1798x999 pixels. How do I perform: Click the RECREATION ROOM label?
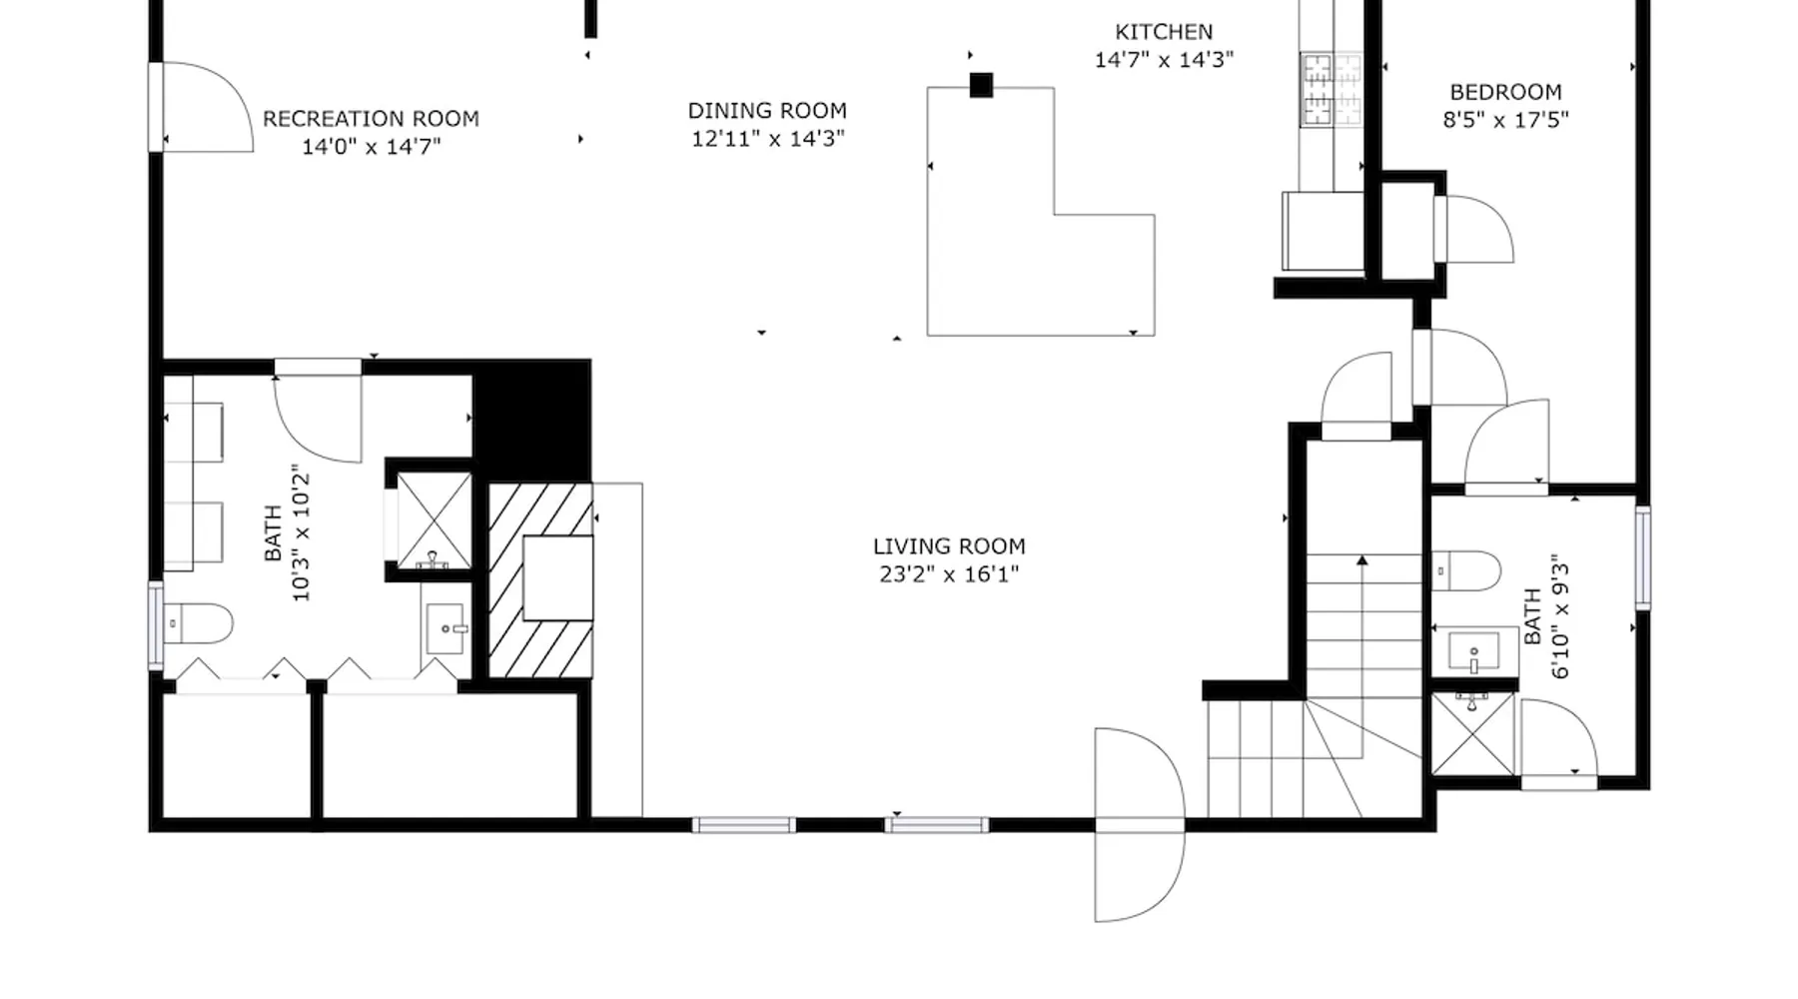click(x=371, y=119)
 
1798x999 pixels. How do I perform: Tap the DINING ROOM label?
click(x=767, y=111)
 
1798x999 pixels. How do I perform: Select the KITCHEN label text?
click(x=1164, y=32)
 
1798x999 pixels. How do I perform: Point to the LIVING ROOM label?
click(x=949, y=546)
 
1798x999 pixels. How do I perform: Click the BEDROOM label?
click(x=1505, y=92)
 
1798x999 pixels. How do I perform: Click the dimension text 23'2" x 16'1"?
click(x=949, y=574)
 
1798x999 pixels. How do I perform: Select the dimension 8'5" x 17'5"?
click(x=1505, y=120)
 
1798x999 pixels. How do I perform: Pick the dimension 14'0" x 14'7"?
click(x=371, y=147)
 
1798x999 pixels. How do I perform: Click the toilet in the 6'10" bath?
click(x=1466, y=571)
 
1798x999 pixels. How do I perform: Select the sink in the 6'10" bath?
click(x=1472, y=652)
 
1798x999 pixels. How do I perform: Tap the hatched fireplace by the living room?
click(x=540, y=580)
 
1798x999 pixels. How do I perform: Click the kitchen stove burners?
click(x=1331, y=90)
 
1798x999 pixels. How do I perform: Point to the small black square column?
click(x=981, y=85)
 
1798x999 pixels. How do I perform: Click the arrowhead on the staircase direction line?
click(x=1361, y=560)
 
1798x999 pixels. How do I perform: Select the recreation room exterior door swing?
click(x=208, y=107)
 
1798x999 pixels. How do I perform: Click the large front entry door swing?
click(x=1140, y=825)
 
